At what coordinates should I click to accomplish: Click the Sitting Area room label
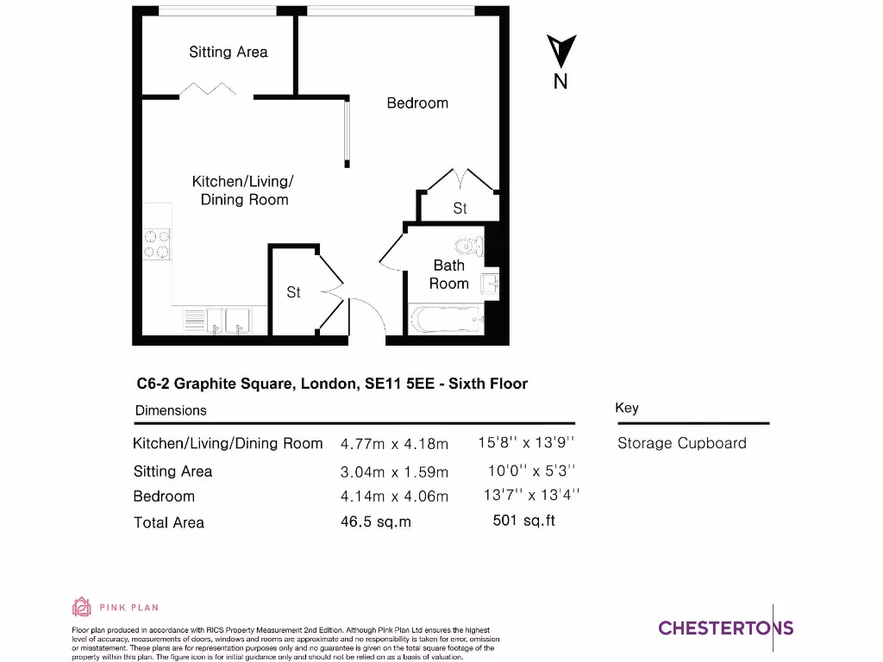coord(229,52)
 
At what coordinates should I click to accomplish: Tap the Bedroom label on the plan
coord(417,103)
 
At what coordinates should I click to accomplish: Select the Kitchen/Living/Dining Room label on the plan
coord(243,190)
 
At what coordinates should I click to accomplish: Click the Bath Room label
coord(448,274)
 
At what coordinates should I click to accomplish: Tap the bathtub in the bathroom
coord(445,321)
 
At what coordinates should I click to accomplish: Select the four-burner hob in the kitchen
coord(157,243)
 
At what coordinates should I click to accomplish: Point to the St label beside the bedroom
coord(460,209)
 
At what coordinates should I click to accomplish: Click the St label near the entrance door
coord(293,292)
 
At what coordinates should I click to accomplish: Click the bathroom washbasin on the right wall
coord(492,284)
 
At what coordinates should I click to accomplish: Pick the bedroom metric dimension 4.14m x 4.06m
coord(394,496)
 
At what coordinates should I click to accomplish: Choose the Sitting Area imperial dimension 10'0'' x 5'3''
coord(531,471)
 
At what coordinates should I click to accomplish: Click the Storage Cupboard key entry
coord(681,443)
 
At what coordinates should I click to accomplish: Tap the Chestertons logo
coord(725,628)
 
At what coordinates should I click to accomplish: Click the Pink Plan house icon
coord(81,608)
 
